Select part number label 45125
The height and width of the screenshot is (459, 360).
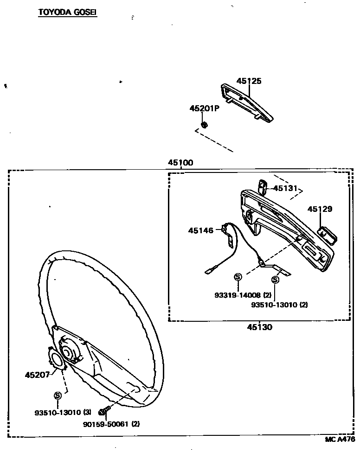249,81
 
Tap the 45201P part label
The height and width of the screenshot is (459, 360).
204,108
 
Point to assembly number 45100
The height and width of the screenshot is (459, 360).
180,163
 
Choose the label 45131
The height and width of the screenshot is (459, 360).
284,188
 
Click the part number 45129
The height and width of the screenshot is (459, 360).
320,209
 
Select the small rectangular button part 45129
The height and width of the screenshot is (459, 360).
327,235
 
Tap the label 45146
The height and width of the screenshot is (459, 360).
201,230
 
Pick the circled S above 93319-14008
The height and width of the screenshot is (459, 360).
238,277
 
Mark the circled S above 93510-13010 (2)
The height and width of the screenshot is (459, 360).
275,280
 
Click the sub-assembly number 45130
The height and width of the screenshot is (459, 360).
259,327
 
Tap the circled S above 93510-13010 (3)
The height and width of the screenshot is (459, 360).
58,395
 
